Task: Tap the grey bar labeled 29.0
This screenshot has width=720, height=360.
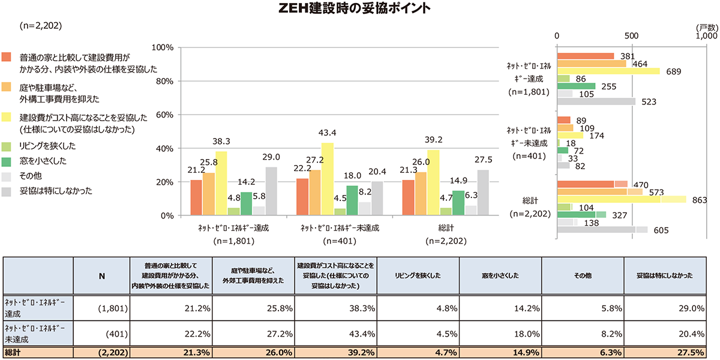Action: (x=271, y=191)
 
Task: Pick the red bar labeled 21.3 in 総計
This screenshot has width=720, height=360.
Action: (x=408, y=197)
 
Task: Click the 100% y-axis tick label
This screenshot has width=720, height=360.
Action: (x=164, y=47)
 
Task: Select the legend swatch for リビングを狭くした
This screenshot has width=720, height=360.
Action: (x=7, y=146)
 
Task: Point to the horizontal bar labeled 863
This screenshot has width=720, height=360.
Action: (x=622, y=199)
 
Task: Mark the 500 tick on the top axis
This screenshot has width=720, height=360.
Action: (x=631, y=36)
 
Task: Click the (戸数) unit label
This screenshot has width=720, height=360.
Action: (x=707, y=28)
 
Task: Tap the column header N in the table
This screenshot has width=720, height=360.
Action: (x=101, y=276)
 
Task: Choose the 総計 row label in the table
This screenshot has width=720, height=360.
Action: (x=13, y=352)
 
